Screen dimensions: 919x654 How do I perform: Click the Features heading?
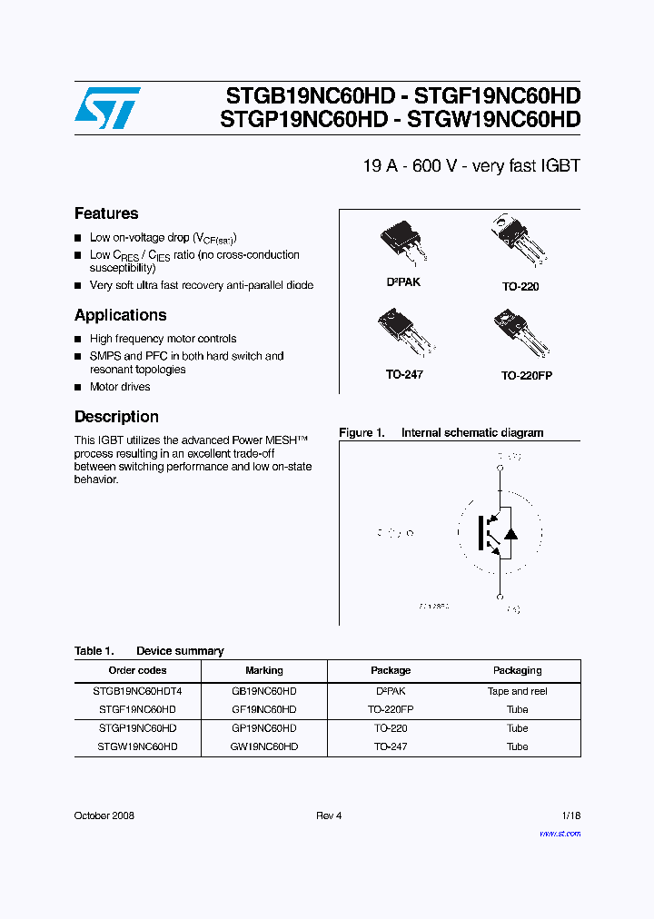coord(106,213)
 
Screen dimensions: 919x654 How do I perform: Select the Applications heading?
coord(120,315)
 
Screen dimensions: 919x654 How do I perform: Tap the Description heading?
coord(116,417)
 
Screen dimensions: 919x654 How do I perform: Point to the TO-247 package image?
coord(405,334)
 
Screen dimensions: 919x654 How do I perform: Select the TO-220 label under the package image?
coord(520,286)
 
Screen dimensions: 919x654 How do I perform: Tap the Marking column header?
coord(264,670)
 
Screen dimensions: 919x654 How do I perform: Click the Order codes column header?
coord(137,670)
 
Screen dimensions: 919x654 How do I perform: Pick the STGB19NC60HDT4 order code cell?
coord(137,691)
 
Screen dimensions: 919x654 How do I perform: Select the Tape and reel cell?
coord(517,691)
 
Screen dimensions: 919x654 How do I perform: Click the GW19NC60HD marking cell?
coord(264,746)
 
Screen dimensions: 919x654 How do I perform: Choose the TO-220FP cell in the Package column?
coord(391,709)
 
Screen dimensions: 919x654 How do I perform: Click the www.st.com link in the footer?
coord(560,834)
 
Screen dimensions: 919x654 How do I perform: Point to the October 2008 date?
coord(104,815)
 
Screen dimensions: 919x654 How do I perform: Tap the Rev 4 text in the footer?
coord(329,815)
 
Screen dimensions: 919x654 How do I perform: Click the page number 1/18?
coord(569,815)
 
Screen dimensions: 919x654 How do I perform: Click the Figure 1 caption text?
coord(441,433)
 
